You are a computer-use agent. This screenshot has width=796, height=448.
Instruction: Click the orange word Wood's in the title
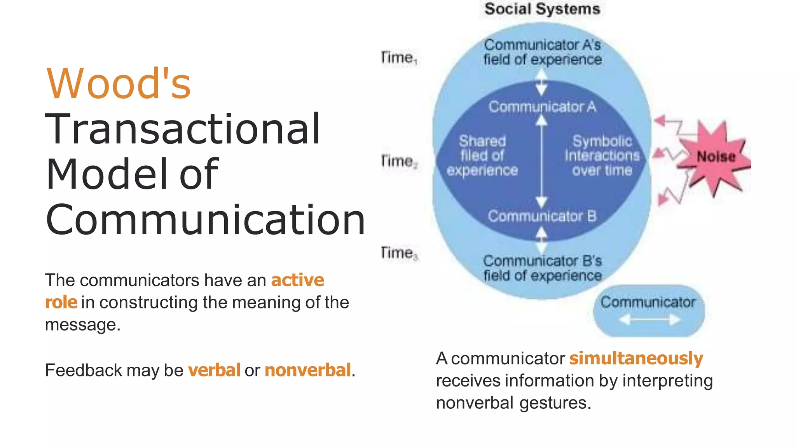(119, 84)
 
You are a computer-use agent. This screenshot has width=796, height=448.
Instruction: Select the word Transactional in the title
(183, 129)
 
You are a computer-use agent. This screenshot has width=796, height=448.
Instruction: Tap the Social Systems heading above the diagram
(542, 9)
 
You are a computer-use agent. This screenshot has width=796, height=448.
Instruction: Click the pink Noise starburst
(715, 157)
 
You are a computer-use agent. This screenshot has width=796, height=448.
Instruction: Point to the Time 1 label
(399, 58)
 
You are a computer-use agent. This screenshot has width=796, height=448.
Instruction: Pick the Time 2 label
(399, 161)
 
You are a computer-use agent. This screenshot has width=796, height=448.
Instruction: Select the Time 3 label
(399, 253)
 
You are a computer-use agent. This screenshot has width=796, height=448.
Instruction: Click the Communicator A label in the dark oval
(542, 107)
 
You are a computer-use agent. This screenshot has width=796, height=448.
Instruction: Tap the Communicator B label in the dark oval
(542, 216)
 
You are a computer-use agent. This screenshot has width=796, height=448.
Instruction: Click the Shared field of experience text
(482, 156)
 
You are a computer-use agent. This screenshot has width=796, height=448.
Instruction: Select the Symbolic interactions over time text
(602, 156)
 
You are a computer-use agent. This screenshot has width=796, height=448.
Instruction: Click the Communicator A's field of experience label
(542, 52)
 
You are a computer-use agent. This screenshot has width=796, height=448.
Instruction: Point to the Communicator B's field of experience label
(542, 268)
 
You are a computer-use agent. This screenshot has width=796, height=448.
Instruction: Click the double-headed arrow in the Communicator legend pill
(649, 320)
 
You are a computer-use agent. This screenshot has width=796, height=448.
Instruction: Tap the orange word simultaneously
(636, 358)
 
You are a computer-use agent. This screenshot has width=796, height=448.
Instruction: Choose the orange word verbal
(214, 370)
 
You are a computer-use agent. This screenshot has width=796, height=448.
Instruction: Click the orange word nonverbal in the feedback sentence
(308, 370)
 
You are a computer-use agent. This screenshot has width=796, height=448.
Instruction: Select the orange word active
(297, 280)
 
